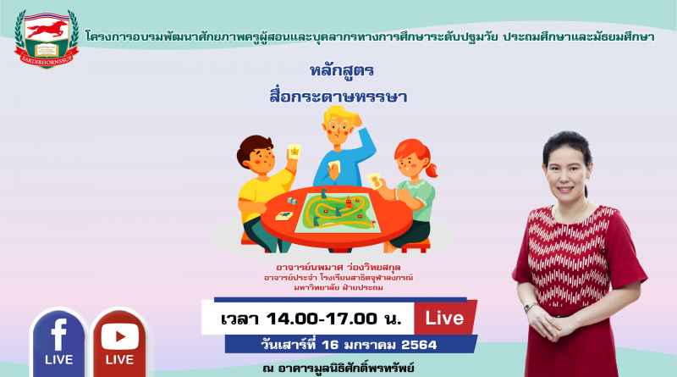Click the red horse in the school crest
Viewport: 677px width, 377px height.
pyautogui.click(x=47, y=30)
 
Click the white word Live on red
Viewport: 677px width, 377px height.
pyautogui.click(x=444, y=319)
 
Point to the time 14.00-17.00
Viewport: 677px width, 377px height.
pyautogui.click(x=322, y=319)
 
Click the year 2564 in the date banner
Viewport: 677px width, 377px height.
pyautogui.click(x=419, y=345)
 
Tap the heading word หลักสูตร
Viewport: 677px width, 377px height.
pyautogui.click(x=342, y=70)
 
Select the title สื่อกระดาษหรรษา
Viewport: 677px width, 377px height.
pyautogui.click(x=338, y=96)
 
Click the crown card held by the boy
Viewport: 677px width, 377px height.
pyautogui.click(x=294, y=152)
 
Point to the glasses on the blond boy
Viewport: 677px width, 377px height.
pyautogui.click(x=338, y=126)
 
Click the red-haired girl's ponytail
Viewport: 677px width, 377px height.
pyautogui.click(x=431, y=169)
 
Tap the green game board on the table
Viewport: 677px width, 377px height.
pyautogui.click(x=337, y=212)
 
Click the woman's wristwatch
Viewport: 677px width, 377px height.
pyautogui.click(x=531, y=307)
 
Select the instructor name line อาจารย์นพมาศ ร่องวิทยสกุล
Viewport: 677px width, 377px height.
pyautogui.click(x=338, y=267)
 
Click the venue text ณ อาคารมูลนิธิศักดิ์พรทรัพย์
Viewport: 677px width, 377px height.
pyautogui.click(x=338, y=369)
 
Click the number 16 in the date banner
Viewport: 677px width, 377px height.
pyautogui.click(x=330, y=345)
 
